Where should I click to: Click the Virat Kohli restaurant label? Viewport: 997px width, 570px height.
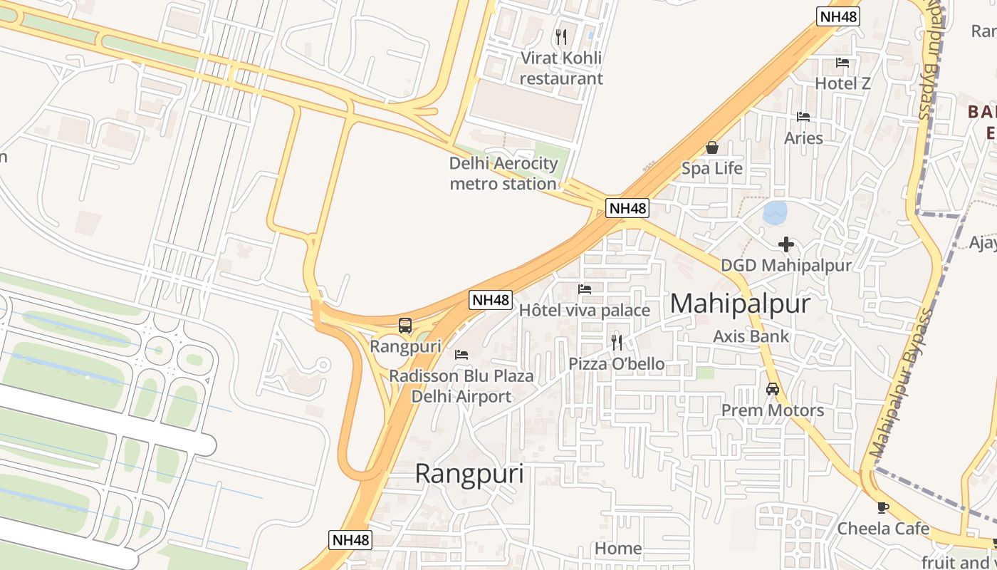coord(561,68)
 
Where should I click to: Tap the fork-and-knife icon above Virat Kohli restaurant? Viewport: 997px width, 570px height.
coord(561,36)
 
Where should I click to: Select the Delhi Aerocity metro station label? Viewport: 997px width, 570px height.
coord(503,174)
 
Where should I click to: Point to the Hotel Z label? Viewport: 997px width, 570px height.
coord(842,83)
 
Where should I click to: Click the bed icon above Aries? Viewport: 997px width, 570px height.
coord(803,117)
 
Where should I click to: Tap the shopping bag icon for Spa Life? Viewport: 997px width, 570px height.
coord(711,147)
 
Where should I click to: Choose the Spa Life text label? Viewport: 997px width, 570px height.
coord(711,168)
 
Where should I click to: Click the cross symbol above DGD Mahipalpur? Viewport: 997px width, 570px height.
coord(786,245)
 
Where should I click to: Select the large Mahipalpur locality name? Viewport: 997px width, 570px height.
coord(740,304)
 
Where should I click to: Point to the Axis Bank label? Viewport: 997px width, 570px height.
coord(751,336)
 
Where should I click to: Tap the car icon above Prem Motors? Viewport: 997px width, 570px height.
coord(773,389)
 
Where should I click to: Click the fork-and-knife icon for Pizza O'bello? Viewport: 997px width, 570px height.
coord(617,343)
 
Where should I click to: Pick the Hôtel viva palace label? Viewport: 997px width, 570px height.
coord(584,310)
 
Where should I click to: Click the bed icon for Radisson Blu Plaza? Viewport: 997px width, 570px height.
coord(461,354)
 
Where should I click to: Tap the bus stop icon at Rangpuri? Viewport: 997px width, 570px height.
coord(405,326)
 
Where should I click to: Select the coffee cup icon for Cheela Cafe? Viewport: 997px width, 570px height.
coord(883,507)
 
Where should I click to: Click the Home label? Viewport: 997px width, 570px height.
coord(618,549)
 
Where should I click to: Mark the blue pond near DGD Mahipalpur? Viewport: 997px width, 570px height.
coord(775,212)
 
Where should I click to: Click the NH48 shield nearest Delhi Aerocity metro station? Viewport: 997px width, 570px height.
coord(628,208)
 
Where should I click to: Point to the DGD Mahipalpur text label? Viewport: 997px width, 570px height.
coord(786,266)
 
